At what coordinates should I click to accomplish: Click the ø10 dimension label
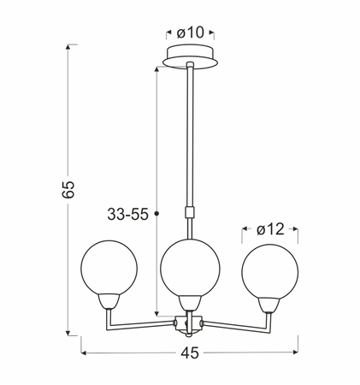pos(191,33)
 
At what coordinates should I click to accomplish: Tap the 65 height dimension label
pos(68,189)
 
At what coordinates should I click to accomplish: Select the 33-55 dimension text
pos(127,214)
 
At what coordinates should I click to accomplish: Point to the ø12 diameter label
pos(270,229)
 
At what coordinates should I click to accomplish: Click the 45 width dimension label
pos(190,353)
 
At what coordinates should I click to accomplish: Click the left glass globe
pos(109,268)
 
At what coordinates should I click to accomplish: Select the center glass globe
pos(190,268)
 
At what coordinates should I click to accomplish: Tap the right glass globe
pos(270,271)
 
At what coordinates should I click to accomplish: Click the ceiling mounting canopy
pos(191,57)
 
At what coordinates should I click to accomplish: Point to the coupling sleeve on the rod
pos(189,212)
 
